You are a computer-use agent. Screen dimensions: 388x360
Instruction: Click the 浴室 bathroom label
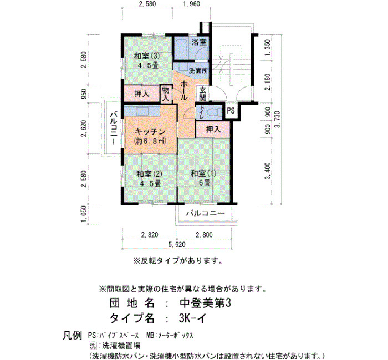(198, 42)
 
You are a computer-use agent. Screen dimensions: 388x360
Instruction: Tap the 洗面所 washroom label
(198, 71)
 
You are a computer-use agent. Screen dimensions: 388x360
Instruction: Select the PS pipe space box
(231, 110)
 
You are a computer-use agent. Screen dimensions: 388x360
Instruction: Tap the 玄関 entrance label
(203, 94)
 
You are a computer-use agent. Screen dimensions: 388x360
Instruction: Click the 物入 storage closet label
(166, 94)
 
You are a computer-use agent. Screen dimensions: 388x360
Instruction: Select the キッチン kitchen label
(150, 132)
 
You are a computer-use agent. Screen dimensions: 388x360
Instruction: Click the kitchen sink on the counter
(142, 111)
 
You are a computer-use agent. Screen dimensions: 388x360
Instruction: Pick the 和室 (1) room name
(203, 173)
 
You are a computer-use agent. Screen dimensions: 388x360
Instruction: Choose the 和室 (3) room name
(147, 56)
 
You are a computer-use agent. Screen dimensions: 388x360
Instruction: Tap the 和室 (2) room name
(150, 174)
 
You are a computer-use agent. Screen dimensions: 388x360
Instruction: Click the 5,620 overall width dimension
(177, 245)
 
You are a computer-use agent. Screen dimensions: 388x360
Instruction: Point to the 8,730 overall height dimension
(278, 119)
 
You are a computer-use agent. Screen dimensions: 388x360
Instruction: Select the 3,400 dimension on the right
(268, 171)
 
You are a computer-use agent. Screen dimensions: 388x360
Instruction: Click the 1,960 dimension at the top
(191, 4)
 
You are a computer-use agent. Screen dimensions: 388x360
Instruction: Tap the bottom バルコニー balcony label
(206, 213)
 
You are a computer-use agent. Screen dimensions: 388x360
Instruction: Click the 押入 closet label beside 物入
(142, 94)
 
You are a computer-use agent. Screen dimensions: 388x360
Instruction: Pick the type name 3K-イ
(192, 318)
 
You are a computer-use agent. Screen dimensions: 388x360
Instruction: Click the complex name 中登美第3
(205, 303)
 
